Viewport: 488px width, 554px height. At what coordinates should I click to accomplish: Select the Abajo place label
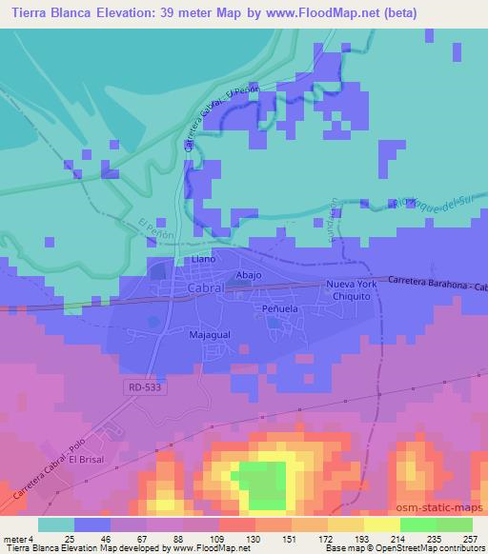pos(249,274)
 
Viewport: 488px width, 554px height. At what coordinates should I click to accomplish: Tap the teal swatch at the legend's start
pos(56,524)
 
